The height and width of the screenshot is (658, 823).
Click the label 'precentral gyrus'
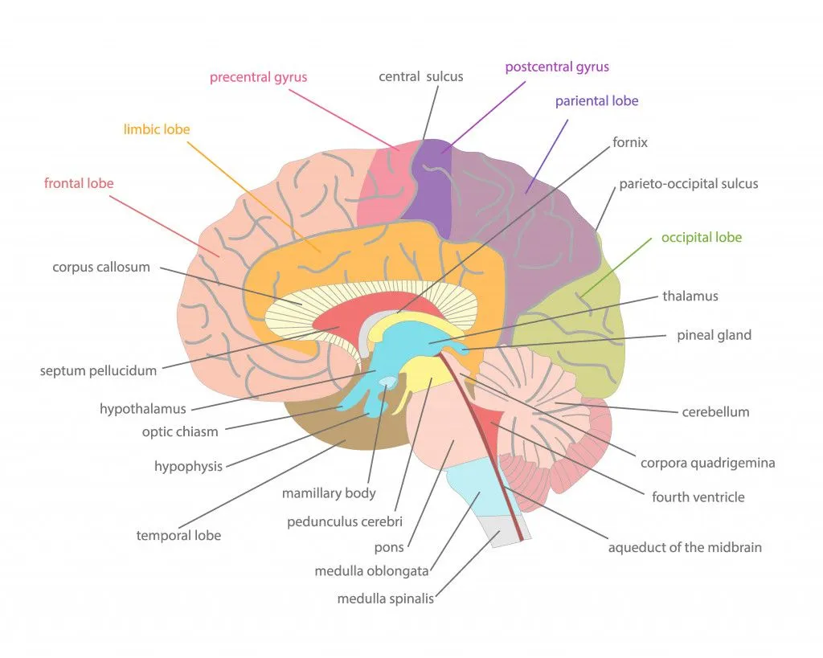pos(258,78)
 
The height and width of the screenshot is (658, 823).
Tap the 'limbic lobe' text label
pos(157,129)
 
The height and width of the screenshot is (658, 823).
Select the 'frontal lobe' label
pos(79,183)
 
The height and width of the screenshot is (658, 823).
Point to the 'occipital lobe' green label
pos(701,238)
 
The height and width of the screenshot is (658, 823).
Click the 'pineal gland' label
pos(714,335)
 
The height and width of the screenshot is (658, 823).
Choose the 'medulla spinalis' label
pos(386,599)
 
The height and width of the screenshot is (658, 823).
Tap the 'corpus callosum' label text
pos(101,268)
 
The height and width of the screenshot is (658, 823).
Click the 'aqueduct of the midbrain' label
pos(685,548)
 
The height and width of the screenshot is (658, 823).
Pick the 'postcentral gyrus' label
pos(556,67)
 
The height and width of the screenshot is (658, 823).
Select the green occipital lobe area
pos(575,337)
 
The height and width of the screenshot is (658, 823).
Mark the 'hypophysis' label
pos(188,467)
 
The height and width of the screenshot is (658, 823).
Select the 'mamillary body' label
pos(329,493)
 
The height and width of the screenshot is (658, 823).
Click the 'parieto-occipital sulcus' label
pos(688,184)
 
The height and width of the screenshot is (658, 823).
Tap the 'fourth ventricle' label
pos(698,497)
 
